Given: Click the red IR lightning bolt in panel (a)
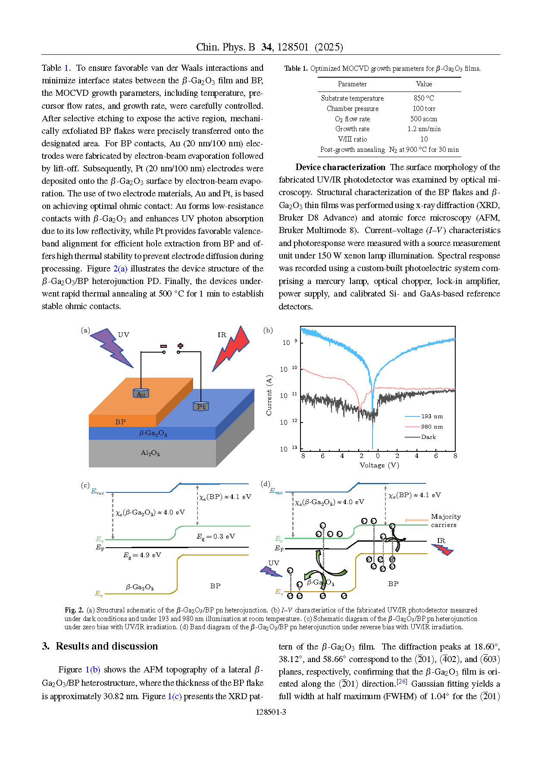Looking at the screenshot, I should (232, 349).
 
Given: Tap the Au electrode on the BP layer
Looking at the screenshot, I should (141, 393).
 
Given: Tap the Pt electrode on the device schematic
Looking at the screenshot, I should (201, 406).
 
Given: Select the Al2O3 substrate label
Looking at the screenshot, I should (150, 453).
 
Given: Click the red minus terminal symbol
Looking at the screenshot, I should (163, 346).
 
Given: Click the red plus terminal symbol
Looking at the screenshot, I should (180, 346).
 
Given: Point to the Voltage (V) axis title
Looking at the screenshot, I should (379, 465).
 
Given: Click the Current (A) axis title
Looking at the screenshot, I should (269, 395).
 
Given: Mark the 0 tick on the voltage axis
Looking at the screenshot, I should (378, 456).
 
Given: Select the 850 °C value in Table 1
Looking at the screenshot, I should (424, 98).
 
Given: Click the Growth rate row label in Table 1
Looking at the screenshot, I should (352, 129).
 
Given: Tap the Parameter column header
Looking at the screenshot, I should (352, 84).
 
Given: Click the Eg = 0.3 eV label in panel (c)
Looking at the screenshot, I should (216, 536).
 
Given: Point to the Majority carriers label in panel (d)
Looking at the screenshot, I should (445, 520).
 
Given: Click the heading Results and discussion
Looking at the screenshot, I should (106, 646).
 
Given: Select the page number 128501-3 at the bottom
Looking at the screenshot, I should (271, 712).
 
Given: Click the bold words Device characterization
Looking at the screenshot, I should (340, 167).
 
